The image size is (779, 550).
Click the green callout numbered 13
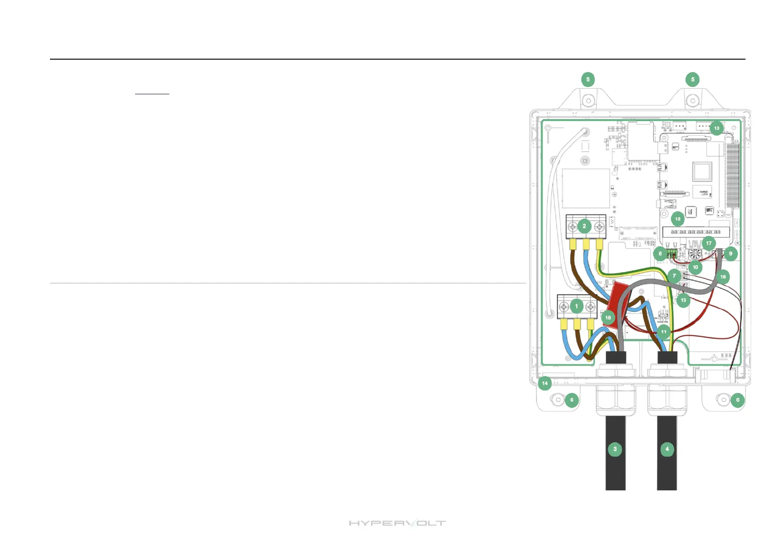[717, 128]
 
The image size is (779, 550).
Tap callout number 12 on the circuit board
[678, 219]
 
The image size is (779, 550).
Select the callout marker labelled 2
[584, 226]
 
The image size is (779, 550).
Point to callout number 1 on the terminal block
[576, 306]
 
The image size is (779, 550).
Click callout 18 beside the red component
[608, 318]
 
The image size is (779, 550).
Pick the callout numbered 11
[664, 331]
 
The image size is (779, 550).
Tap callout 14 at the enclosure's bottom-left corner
[545, 383]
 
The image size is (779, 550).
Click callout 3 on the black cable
[615, 449]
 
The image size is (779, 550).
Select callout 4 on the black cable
[667, 449]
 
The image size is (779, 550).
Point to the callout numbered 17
[709, 243]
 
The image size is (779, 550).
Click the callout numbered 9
[731, 253]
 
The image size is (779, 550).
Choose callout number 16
[723, 277]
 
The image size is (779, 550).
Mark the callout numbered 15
[683, 300]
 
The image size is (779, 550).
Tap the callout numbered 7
[674, 276]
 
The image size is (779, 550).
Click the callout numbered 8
[660, 253]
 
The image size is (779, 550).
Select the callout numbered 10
[695, 267]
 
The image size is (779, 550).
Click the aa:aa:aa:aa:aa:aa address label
[696, 232]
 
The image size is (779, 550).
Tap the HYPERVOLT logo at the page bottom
[397, 523]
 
